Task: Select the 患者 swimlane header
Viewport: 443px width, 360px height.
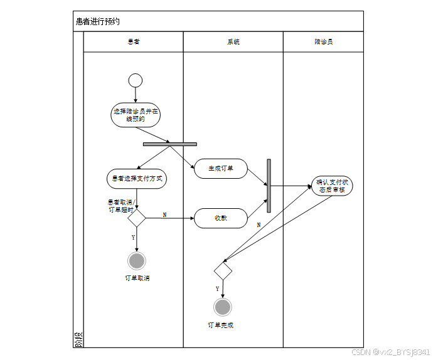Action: point(134,42)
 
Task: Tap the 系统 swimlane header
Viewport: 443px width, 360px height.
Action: point(233,42)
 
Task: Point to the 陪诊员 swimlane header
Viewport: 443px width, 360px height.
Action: point(323,42)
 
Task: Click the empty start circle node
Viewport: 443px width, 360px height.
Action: point(135,80)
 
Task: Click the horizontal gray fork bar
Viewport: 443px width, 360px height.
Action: point(169,144)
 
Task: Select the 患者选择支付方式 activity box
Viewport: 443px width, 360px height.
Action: point(136,179)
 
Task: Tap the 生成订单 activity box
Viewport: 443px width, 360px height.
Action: point(220,169)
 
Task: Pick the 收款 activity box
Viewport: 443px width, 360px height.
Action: point(220,218)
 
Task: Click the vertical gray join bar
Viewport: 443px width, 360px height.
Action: point(269,186)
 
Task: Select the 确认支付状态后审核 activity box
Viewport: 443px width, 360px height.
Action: point(332,186)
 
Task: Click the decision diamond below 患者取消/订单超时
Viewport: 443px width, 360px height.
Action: point(137,218)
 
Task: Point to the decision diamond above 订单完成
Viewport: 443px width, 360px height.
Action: point(223,272)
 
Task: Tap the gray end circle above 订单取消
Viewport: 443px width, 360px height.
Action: point(137,260)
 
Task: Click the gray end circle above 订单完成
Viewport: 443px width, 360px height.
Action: point(223,307)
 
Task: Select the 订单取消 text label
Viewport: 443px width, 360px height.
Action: point(137,278)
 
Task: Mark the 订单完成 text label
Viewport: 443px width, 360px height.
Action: point(221,325)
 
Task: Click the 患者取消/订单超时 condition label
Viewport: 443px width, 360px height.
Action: point(120,206)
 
